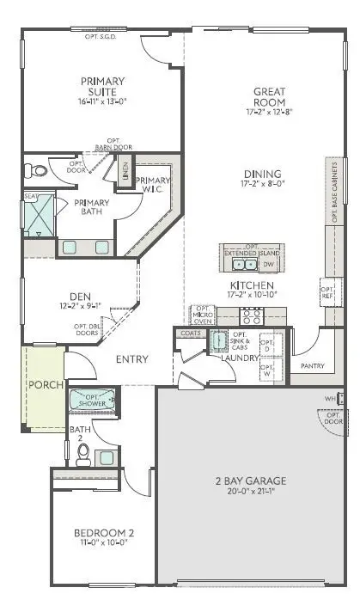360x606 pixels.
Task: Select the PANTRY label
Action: click(x=312, y=365)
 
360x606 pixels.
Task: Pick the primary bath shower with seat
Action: click(x=39, y=215)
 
